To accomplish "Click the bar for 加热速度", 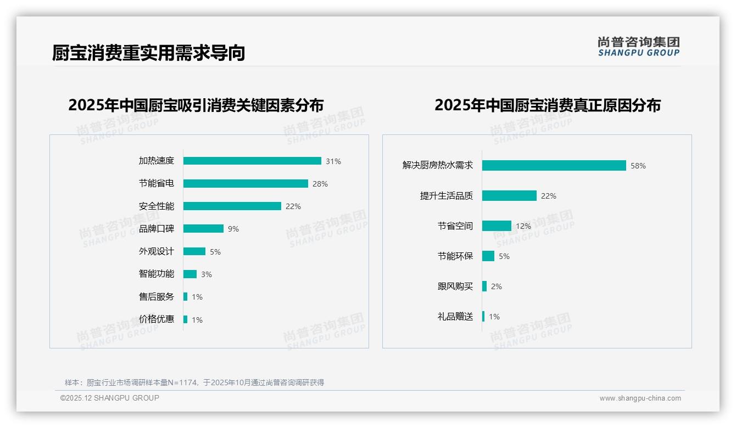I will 252,161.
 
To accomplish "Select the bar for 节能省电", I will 246,184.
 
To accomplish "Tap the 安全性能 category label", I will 156,206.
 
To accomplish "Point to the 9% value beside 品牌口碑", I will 233,229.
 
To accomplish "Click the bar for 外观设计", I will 194,251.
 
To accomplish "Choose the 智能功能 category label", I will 156,274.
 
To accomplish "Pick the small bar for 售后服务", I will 186,297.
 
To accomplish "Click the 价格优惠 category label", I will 156,319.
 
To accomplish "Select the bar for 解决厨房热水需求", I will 554,165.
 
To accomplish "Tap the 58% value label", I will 638,166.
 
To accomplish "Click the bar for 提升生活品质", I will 509,196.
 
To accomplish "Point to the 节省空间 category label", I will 455,226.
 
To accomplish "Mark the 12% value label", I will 523,226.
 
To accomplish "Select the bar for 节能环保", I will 488,256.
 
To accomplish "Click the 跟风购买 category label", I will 455,286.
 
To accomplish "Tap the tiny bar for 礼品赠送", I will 483,317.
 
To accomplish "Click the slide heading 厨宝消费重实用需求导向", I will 148,53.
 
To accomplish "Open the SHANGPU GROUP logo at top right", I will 639,46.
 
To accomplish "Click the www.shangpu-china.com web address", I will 640,398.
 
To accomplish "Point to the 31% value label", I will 333,161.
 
